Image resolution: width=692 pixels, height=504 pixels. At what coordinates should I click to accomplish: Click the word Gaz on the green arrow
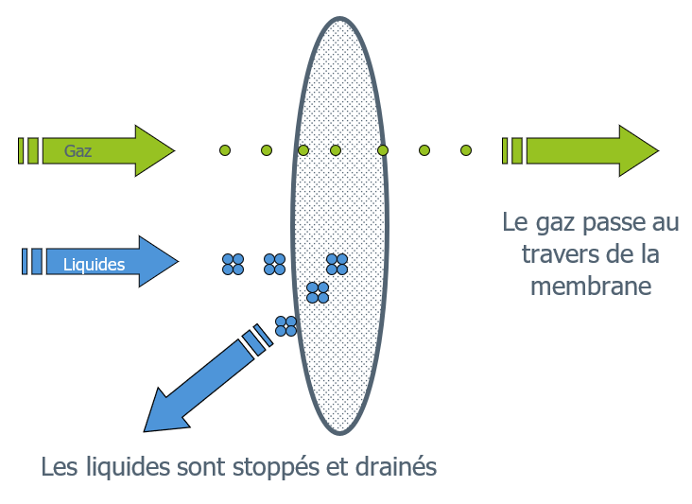(x=78, y=150)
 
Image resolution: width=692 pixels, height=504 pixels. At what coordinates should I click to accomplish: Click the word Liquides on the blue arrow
(x=94, y=265)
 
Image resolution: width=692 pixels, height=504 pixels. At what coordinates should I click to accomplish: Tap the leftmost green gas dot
(x=225, y=150)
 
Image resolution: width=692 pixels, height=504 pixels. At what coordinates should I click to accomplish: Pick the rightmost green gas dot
(x=466, y=150)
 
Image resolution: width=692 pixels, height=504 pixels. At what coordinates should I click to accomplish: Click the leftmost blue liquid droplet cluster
(x=233, y=264)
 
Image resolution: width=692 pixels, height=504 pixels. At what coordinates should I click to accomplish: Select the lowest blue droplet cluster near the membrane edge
(x=285, y=326)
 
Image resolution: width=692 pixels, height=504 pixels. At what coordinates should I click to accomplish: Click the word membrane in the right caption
(x=591, y=286)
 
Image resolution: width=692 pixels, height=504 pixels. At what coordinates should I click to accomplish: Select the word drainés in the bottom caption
(x=400, y=467)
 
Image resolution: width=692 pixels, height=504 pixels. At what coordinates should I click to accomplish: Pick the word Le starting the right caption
(x=514, y=223)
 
